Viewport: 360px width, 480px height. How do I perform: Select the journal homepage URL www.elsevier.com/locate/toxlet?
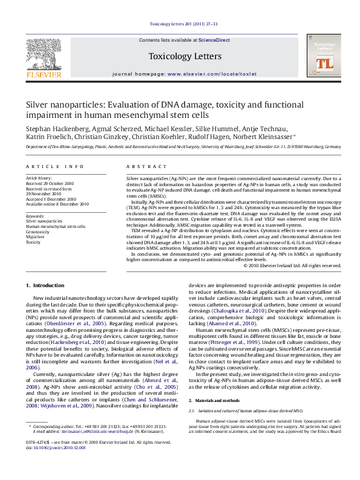[208, 73]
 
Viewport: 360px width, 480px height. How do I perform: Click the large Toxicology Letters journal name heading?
[180, 56]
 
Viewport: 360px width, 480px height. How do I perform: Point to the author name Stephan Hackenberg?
[57, 129]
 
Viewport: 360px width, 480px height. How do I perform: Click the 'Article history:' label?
[39, 179]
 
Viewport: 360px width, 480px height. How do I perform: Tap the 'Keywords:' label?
[36, 216]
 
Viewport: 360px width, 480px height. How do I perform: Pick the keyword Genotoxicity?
[38, 232]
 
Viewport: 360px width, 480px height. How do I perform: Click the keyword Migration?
[36, 236]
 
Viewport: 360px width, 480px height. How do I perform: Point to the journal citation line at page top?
[180, 24]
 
